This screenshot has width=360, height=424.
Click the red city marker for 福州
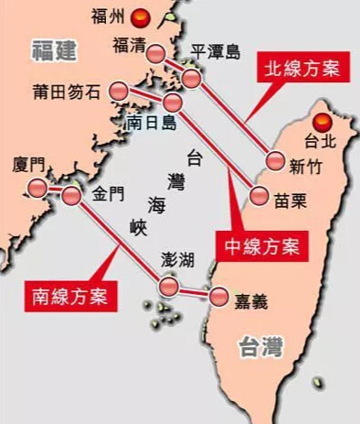click(140, 16)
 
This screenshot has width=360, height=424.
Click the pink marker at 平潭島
click(191, 79)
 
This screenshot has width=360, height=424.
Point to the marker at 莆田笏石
click(119, 91)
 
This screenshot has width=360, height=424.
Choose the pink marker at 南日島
click(173, 101)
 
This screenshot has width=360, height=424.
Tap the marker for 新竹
click(273, 161)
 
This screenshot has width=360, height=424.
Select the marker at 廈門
click(37, 188)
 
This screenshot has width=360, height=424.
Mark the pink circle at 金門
click(72, 195)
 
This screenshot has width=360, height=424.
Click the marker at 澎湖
click(167, 287)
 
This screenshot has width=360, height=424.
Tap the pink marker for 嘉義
click(220, 297)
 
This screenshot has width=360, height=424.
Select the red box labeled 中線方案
click(262, 245)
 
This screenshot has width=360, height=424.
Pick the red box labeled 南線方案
click(66, 295)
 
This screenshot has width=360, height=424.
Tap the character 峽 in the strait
click(137, 227)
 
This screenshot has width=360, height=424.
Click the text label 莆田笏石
click(65, 91)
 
